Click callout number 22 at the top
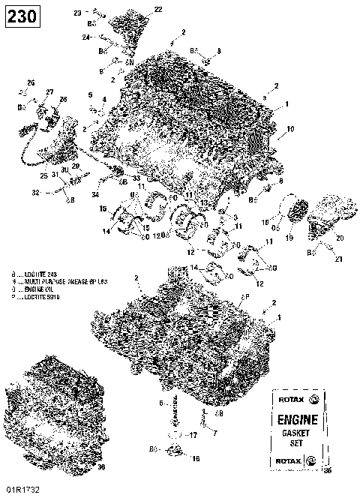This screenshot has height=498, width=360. click(157, 9)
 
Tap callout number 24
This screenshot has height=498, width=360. click(85, 37)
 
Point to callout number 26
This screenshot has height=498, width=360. click(31, 82)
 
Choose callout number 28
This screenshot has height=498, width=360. click(63, 99)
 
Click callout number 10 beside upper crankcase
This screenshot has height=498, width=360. click(290, 129)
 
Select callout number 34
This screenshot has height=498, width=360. click(95, 195)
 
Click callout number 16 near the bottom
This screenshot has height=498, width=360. click(196, 457)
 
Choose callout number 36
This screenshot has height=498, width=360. click(102, 466)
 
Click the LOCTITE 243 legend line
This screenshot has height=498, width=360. click(36, 274)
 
